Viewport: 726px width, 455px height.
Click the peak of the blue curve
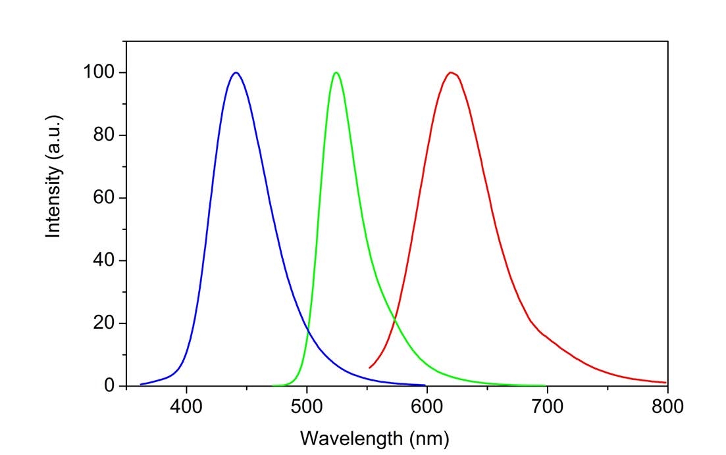235,72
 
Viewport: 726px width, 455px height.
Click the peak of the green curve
336,72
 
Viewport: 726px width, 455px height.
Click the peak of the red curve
451,72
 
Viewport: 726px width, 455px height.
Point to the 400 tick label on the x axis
186,406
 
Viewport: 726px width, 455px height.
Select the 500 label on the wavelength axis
307,406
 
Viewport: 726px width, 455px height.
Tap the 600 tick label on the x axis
427,406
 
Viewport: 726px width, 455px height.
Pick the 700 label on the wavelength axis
547,406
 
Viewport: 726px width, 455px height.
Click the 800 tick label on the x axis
667,406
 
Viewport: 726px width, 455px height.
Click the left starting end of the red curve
370,368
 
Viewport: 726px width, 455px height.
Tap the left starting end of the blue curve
141,384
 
